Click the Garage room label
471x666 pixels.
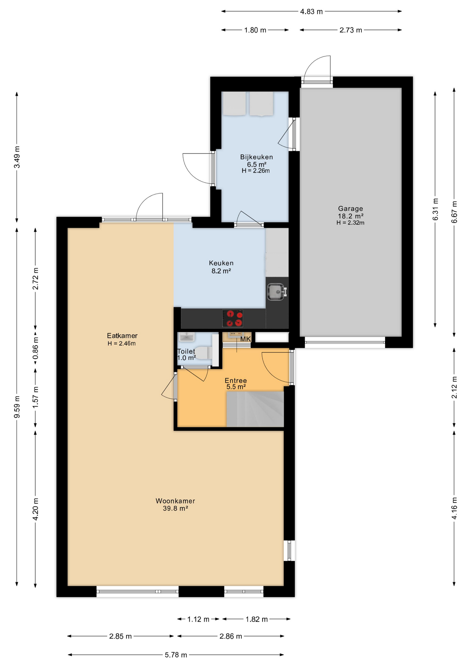click(350, 208)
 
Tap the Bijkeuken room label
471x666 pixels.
click(256, 157)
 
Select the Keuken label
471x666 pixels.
click(221, 263)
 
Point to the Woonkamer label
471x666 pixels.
click(175, 501)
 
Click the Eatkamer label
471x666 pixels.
click(122, 336)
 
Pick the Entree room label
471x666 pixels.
click(235, 381)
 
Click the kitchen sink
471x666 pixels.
click(277, 291)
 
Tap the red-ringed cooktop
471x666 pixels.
click(232, 318)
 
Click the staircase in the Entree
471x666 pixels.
click(255, 409)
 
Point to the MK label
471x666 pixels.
click(245, 339)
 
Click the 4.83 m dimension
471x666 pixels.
click(311, 11)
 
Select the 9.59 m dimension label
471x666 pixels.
click(17, 407)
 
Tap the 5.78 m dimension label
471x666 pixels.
click(176, 655)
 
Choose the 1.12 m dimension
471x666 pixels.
click(198, 619)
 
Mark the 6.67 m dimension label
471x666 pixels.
click(454, 212)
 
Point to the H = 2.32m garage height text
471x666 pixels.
click(350, 223)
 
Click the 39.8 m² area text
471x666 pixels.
click(175, 509)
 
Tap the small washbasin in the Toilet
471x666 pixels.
click(186, 337)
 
